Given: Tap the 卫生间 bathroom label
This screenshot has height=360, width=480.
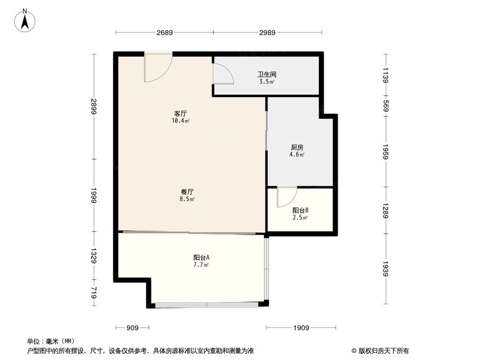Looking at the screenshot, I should pos(267,75).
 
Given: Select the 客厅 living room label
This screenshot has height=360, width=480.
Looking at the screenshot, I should pos(180,114).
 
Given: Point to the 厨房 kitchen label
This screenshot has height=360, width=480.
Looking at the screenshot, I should pos(297,148).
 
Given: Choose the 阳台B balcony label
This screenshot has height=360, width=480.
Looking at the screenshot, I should pos(300,210).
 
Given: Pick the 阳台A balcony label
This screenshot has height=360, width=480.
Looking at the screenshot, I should pos(201,257).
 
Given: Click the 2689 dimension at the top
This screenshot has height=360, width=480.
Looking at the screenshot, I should pos(164,33).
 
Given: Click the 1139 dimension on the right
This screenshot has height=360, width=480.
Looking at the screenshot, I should pos(385,75).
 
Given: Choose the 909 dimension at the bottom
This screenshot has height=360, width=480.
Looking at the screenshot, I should pos(132,328).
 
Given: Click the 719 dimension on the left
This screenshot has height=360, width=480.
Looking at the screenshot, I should pos(94,293).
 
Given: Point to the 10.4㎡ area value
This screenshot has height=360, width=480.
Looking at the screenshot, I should pos(180,121).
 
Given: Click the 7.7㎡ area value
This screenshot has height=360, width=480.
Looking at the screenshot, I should pos(201,264).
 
